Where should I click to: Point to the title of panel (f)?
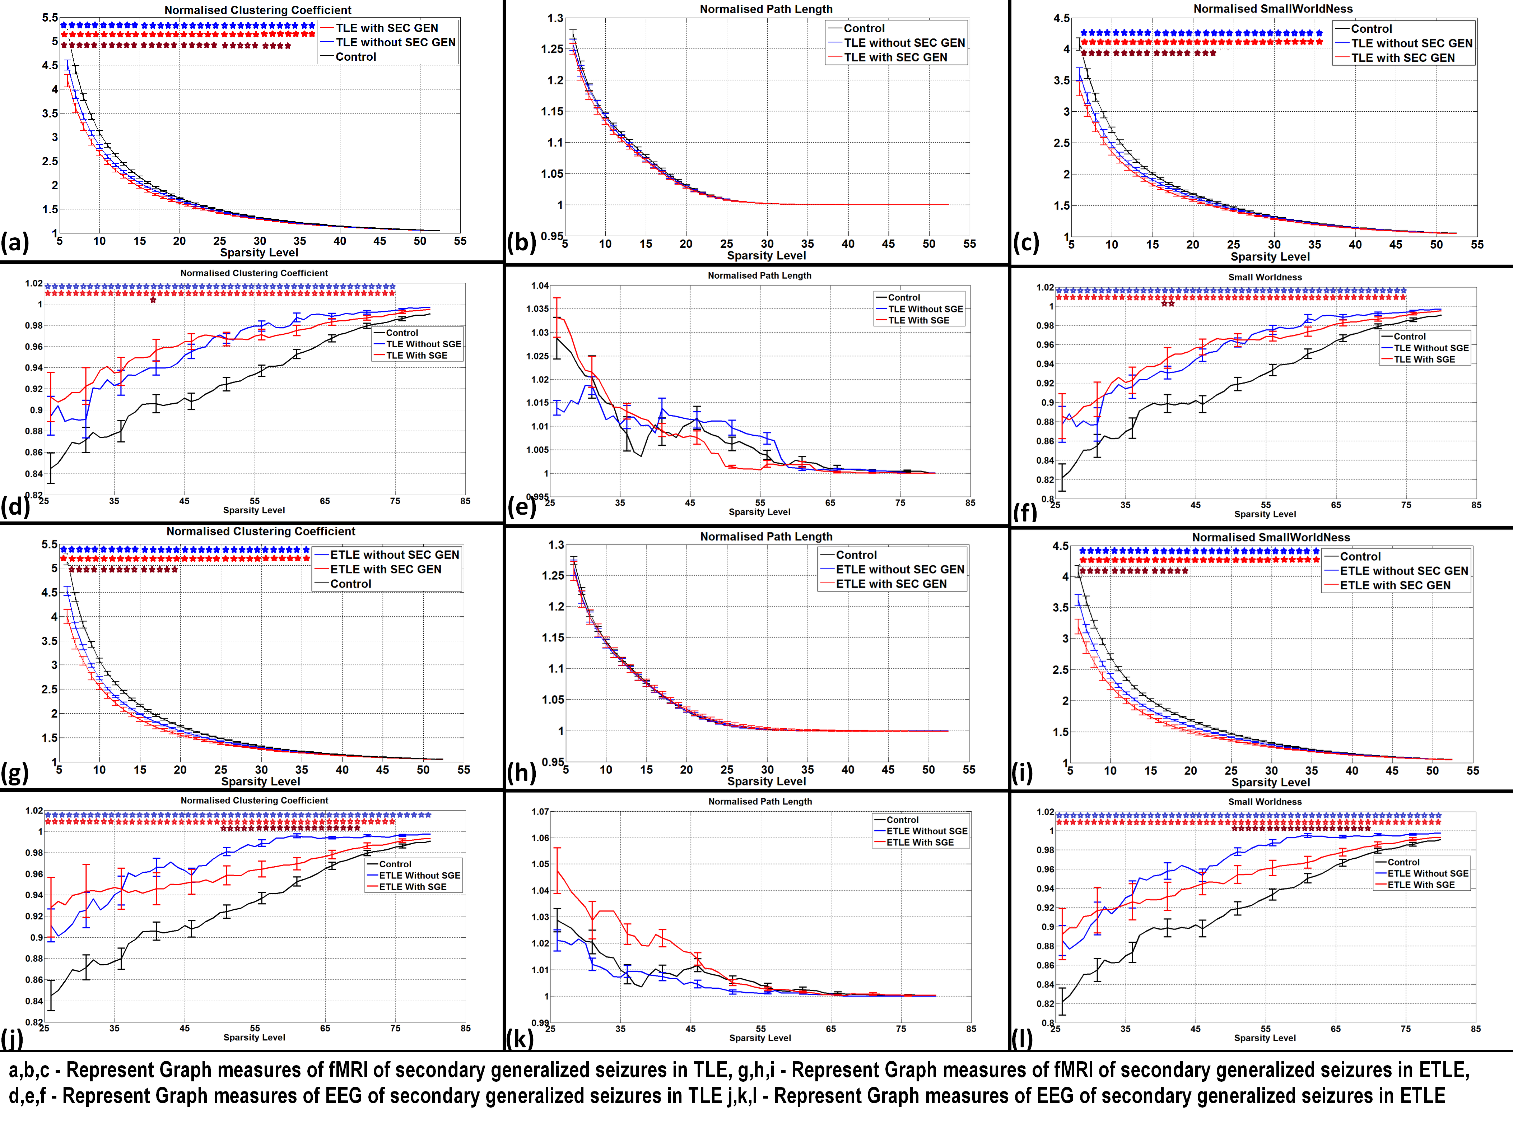pyautogui.click(x=1265, y=277)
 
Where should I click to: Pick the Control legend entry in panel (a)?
pyautogui.click(x=356, y=57)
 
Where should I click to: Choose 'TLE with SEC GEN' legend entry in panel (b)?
pyautogui.click(x=895, y=57)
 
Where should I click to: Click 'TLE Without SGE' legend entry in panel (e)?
pyautogui.click(x=925, y=309)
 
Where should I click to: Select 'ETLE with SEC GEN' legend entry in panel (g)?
pyautogui.click(x=386, y=569)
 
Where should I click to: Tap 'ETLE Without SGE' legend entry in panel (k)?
pyautogui.click(x=927, y=831)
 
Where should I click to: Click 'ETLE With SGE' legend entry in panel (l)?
pyautogui.click(x=1421, y=885)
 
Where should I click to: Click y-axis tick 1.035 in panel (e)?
pyautogui.click(x=537, y=309)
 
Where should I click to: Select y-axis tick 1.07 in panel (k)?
pyautogui.click(x=540, y=812)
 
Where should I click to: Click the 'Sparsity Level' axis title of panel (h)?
pyautogui.click(x=766, y=781)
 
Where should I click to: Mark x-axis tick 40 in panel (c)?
pyautogui.click(x=1355, y=244)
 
